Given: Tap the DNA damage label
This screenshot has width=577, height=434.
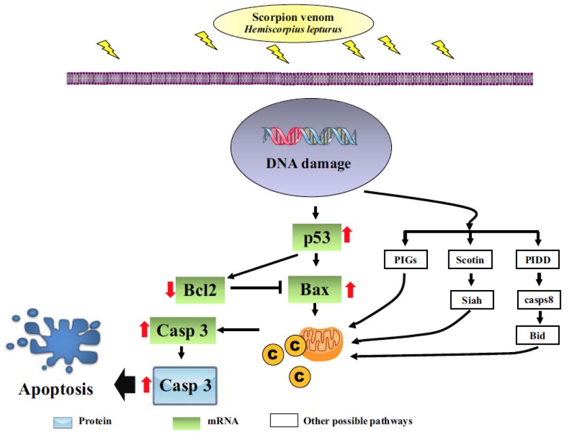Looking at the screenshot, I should pyautogui.click(x=309, y=163).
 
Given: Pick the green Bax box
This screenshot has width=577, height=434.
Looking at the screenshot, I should pyautogui.click(x=315, y=290).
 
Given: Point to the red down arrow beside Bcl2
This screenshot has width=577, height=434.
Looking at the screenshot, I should pyautogui.click(x=170, y=290).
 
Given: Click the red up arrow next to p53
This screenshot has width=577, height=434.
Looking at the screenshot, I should pyautogui.click(x=347, y=234).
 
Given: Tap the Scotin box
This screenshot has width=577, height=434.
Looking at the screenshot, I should pyautogui.click(x=471, y=261).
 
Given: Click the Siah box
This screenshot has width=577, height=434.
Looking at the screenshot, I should pyautogui.click(x=471, y=300).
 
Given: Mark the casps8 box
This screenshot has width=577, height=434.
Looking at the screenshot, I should pyautogui.click(x=538, y=300).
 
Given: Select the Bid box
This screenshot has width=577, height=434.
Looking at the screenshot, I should pyautogui.click(x=538, y=336).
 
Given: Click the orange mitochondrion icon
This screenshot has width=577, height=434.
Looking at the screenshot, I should pyautogui.click(x=322, y=342).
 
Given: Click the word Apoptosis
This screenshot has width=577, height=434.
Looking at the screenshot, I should pyautogui.click(x=56, y=389).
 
